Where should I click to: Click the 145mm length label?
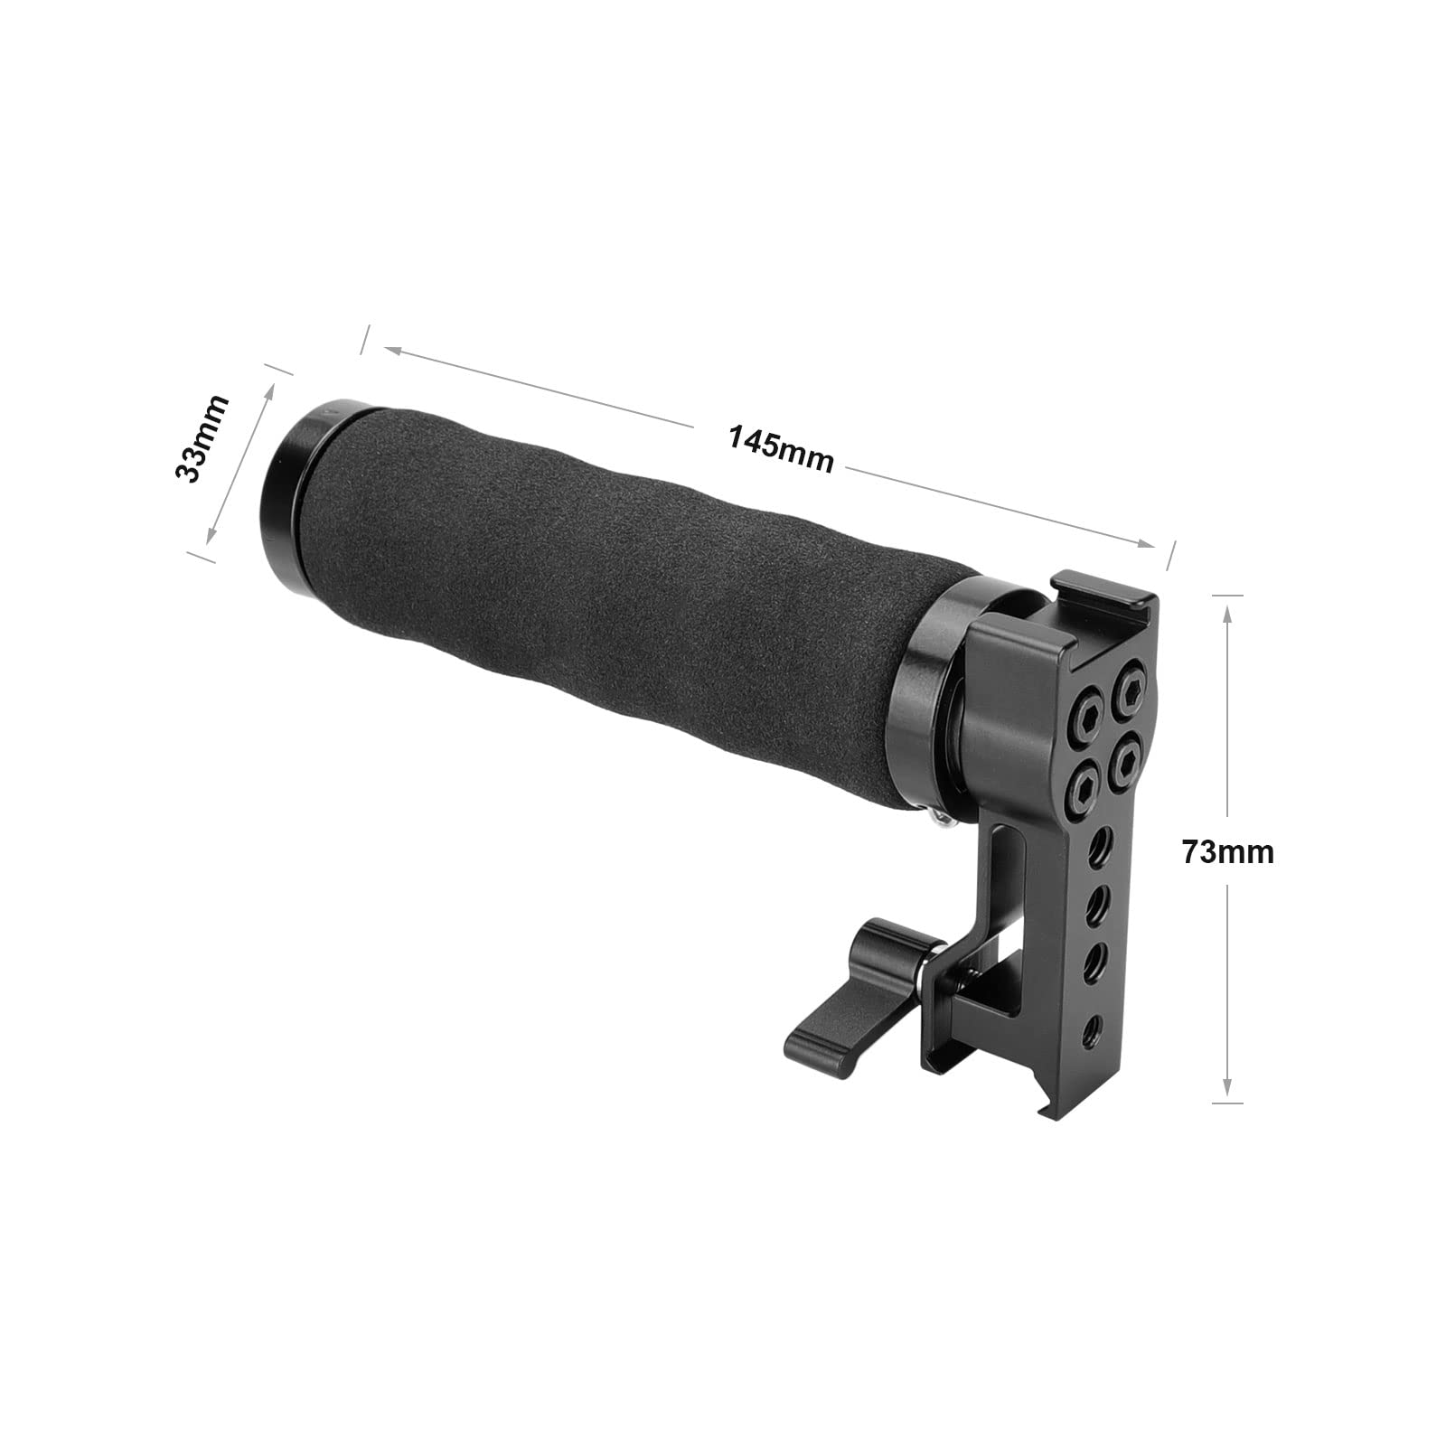(x=780, y=448)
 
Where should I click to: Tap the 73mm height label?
(x=1227, y=852)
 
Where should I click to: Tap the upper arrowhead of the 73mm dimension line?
(x=1226, y=612)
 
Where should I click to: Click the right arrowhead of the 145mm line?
(x=1149, y=544)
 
